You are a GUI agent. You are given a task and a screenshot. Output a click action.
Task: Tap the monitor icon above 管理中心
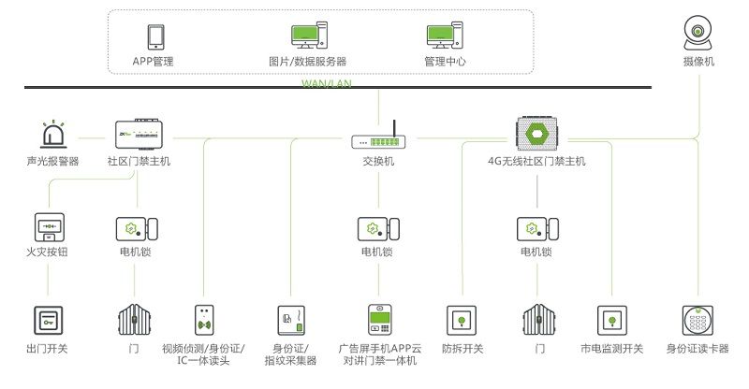click(444, 36)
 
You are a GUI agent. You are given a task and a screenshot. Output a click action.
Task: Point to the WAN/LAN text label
click(325, 82)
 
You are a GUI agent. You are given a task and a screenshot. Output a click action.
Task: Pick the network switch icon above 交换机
click(378, 138)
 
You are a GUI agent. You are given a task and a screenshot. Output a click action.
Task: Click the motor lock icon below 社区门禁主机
click(137, 227)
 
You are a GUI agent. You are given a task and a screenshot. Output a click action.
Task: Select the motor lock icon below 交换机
click(378, 227)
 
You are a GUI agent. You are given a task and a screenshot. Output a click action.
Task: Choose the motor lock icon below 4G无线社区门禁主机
click(536, 227)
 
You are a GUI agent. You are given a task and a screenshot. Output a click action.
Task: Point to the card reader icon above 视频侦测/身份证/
click(203, 320)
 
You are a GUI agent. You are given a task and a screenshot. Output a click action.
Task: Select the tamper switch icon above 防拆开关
click(461, 320)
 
